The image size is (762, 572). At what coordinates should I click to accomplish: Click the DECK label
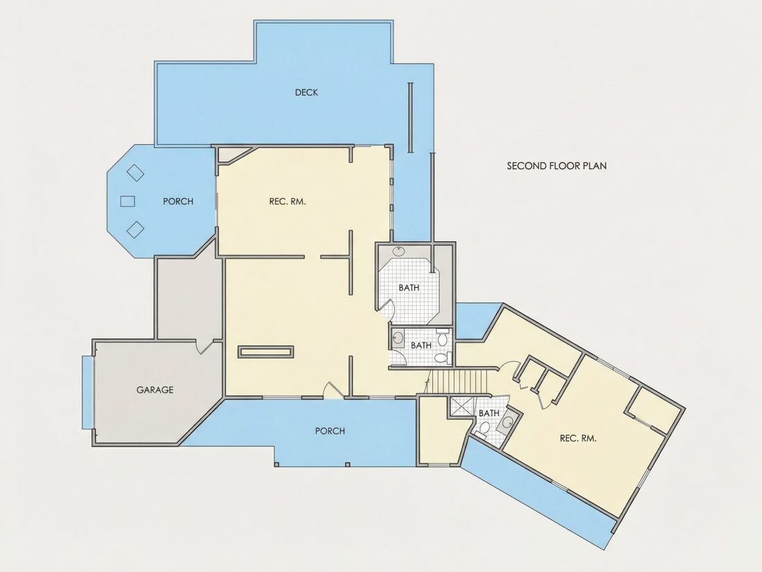(x=306, y=92)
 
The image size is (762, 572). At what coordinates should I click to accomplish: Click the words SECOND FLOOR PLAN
(x=556, y=166)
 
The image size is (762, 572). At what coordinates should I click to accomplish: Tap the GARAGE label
(x=154, y=390)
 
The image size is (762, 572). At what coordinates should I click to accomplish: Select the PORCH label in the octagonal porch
(x=178, y=201)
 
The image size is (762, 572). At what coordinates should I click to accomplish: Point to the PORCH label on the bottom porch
(x=330, y=431)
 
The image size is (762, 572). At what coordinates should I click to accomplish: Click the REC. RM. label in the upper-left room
(x=287, y=201)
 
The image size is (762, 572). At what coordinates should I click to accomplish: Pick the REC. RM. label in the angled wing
(x=578, y=438)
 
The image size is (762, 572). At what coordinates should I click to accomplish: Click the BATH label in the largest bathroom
(x=409, y=288)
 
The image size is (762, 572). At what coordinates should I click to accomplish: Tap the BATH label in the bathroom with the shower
(x=489, y=413)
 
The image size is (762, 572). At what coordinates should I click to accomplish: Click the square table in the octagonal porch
(x=127, y=201)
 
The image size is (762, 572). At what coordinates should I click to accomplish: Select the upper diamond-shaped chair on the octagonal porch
(x=136, y=173)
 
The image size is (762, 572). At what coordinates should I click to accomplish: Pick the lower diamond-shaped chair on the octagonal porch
(x=136, y=229)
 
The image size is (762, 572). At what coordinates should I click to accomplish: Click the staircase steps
(x=459, y=382)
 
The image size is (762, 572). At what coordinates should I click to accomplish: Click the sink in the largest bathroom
(x=398, y=251)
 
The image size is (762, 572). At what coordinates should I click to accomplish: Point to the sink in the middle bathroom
(x=398, y=338)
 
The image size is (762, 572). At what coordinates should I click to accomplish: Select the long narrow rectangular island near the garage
(x=266, y=352)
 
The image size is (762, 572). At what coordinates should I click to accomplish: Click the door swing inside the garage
(x=204, y=346)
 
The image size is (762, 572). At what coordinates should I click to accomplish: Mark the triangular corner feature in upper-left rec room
(x=231, y=154)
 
